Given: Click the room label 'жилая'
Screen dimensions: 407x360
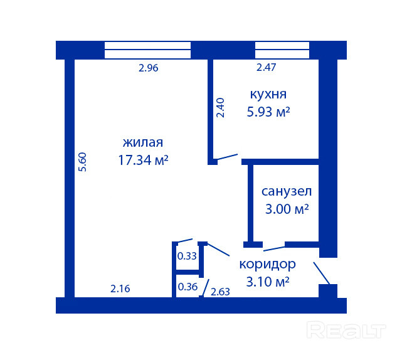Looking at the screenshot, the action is pos(143,142).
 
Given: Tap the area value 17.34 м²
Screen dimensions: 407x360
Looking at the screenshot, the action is pos(143,160).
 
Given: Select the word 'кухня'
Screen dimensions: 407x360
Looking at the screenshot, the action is pos(268,95).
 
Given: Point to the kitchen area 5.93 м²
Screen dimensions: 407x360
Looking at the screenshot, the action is pos(268,112).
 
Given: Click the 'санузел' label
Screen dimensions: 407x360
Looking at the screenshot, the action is pos(287,191).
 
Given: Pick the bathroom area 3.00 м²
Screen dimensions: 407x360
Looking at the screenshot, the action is pos(287,209).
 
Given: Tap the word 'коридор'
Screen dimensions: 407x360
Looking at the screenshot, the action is pos(267,265).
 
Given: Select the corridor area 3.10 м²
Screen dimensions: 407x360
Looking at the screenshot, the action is pos(268,282).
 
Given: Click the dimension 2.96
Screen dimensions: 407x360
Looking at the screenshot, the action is pos(148,68).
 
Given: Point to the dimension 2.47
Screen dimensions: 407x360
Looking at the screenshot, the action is pos(266,68).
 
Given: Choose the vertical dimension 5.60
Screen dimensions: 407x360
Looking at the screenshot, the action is pos(82,162).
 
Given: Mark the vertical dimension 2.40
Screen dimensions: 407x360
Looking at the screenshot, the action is pos(220,108).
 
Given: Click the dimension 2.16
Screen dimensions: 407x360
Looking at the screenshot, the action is pos(120,289).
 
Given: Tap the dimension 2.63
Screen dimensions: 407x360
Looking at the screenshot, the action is pos(220,292).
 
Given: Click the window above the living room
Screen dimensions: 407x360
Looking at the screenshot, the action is pos(147,50).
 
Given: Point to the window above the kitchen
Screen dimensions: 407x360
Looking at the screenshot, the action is pos(282,50).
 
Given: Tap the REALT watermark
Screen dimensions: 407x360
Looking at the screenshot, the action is pos(346,330).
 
